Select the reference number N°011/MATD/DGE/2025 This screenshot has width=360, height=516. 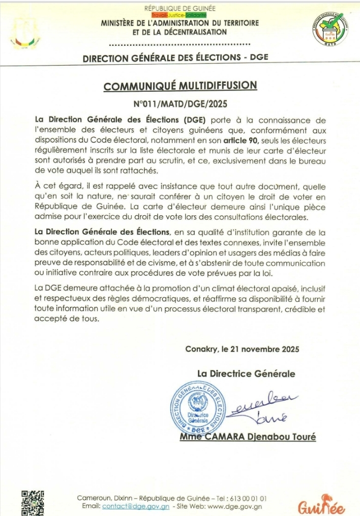point(180,104)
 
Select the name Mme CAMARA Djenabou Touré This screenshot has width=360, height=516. point(247,437)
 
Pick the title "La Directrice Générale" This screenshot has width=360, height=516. point(246,374)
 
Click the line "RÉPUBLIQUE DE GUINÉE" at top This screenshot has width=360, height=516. point(180,8)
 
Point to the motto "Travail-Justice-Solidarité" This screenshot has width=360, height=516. point(180,15)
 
